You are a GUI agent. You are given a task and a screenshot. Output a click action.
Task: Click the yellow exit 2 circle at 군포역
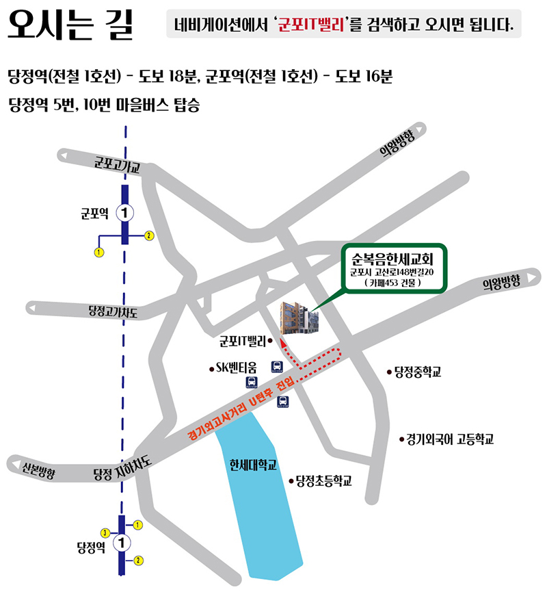click(x=149, y=235)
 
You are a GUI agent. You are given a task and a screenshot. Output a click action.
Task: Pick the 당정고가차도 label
click(x=113, y=312)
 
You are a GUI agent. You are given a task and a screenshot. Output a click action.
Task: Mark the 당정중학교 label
click(x=417, y=372)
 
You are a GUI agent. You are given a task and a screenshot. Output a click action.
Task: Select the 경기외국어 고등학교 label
click(x=449, y=439)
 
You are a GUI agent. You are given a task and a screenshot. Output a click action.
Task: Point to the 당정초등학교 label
click(x=323, y=482)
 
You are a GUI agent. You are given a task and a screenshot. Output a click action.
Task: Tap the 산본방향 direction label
click(x=38, y=467)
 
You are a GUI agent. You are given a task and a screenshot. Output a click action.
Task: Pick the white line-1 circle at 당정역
click(x=122, y=543)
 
